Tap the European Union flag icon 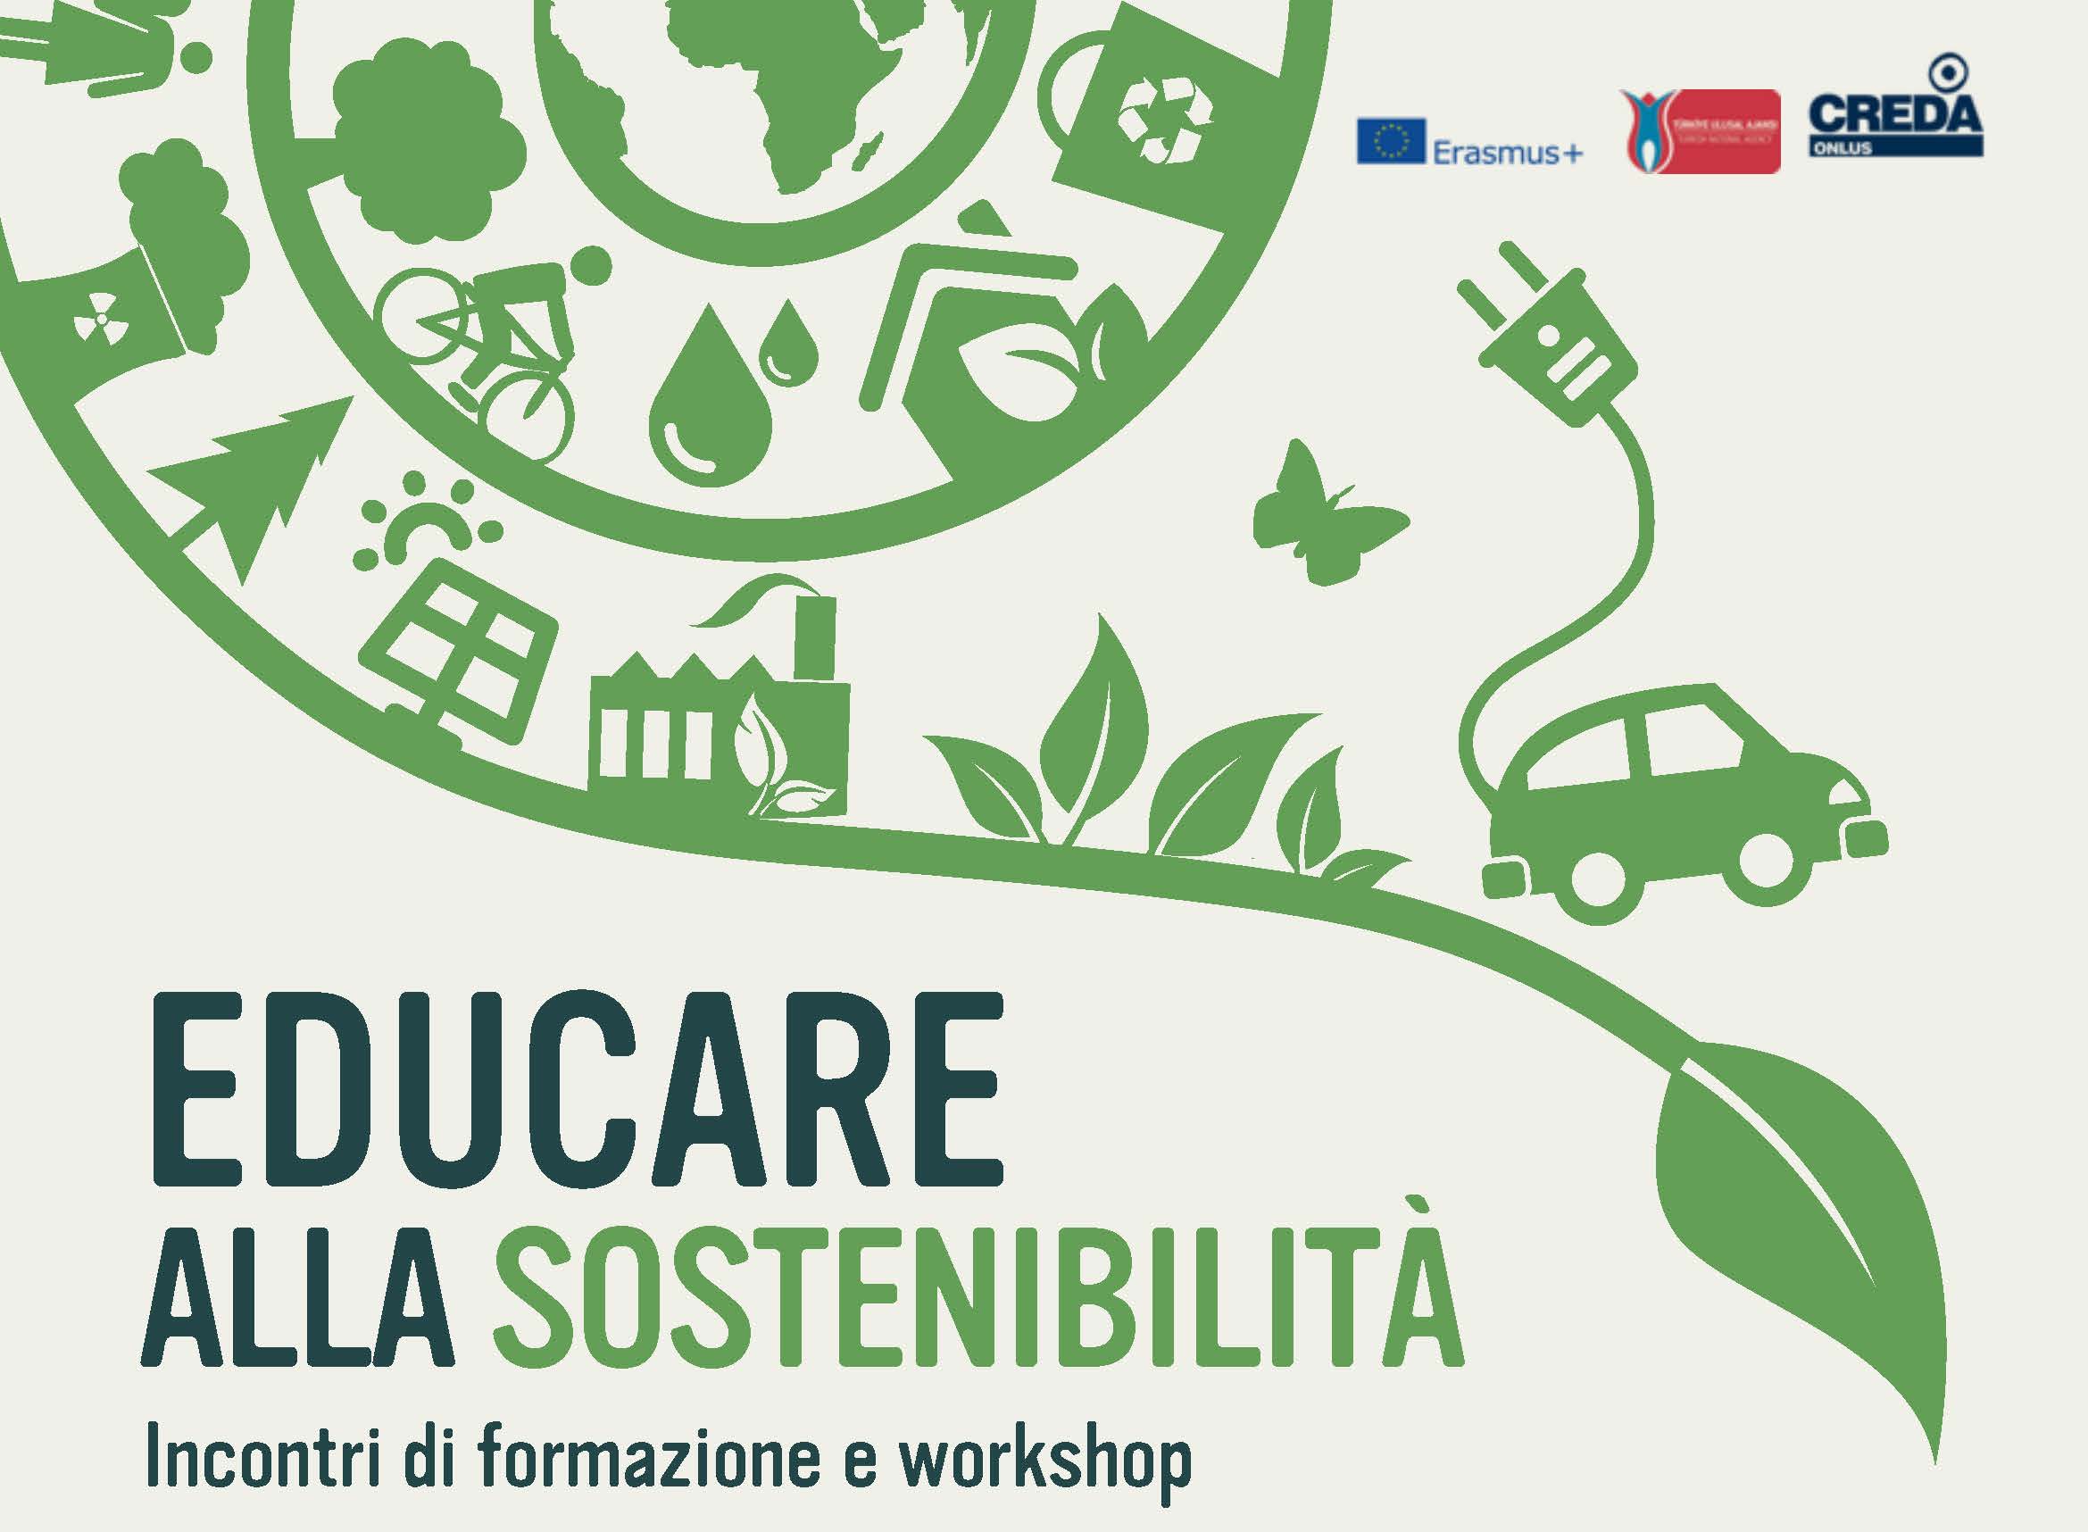[x=1391, y=141]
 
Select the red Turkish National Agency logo [x=1699, y=130]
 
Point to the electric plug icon [x=1549, y=338]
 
